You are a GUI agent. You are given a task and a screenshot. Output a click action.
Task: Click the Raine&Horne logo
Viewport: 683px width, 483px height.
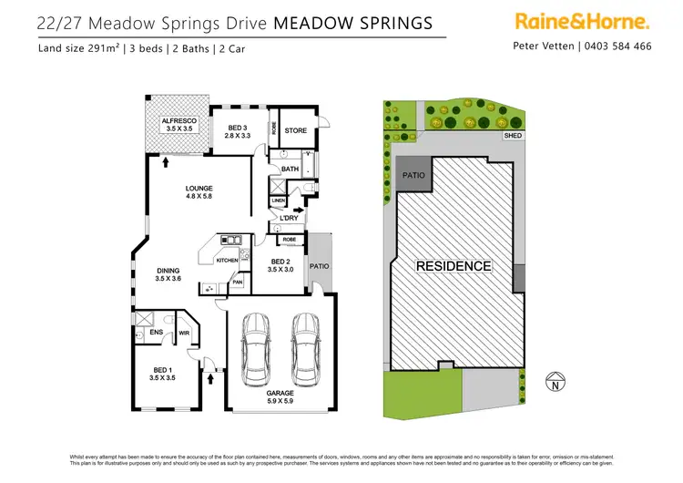point(582,21)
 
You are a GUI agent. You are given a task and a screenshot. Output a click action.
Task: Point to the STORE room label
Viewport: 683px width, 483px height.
point(296,130)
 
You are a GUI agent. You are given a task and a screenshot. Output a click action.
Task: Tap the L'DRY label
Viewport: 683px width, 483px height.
point(290,219)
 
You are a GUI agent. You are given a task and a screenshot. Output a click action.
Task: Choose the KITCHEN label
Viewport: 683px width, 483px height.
point(227,261)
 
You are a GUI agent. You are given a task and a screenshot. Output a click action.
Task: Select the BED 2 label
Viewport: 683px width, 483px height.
point(280,265)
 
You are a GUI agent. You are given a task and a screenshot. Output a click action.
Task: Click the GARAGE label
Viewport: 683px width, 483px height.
point(280,393)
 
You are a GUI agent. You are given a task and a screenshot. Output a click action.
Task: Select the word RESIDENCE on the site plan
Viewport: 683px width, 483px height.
point(454,267)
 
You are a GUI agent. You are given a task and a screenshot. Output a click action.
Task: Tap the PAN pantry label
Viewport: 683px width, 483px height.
point(237,283)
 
